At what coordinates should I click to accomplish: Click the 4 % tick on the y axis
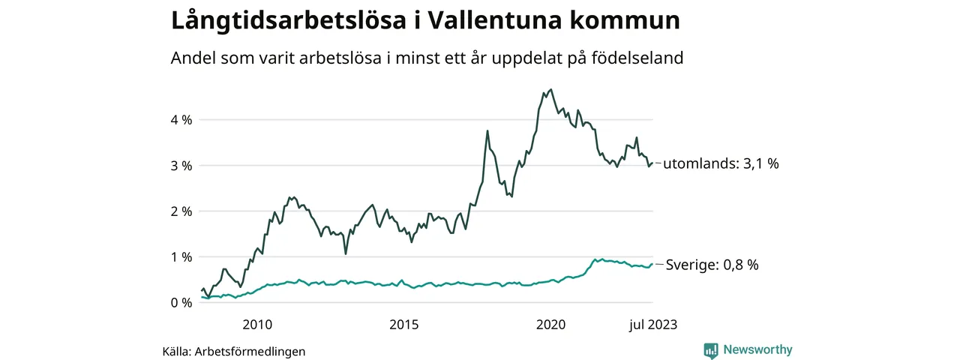[x=181, y=120]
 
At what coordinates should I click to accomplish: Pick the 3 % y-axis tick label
[x=181, y=166]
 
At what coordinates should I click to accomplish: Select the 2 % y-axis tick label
[x=181, y=211]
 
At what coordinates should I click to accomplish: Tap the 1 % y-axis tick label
[x=181, y=257]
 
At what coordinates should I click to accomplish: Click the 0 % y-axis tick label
[x=181, y=303]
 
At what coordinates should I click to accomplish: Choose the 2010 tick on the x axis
[x=257, y=325]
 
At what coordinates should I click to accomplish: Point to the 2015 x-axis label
[x=404, y=325]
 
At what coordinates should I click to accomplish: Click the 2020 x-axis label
[x=550, y=325]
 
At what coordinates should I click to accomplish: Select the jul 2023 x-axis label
[x=652, y=325]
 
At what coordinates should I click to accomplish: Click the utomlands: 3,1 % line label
[x=722, y=163]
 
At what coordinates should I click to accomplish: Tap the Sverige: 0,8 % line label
[x=712, y=265]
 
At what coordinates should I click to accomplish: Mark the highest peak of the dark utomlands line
[x=551, y=89]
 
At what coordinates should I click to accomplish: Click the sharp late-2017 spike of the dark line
[x=487, y=131]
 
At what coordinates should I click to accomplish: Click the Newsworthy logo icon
[x=711, y=350]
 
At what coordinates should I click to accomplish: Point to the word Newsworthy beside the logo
[x=757, y=350]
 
